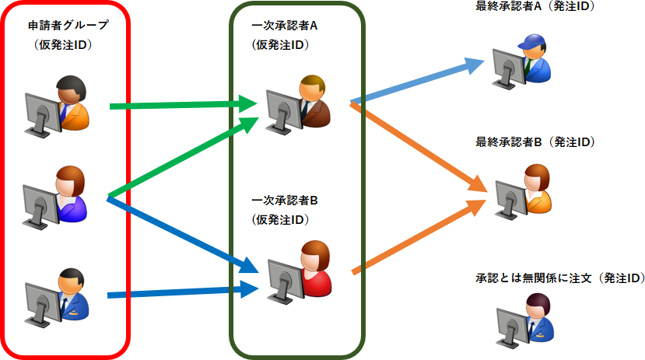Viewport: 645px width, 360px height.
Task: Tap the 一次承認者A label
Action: click(x=286, y=25)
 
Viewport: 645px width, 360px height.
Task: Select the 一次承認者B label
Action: click(x=286, y=200)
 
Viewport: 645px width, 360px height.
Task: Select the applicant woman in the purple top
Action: click(x=71, y=194)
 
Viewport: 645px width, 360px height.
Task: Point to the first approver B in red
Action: click(x=314, y=268)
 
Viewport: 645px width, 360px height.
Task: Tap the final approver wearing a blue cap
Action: click(x=534, y=58)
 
